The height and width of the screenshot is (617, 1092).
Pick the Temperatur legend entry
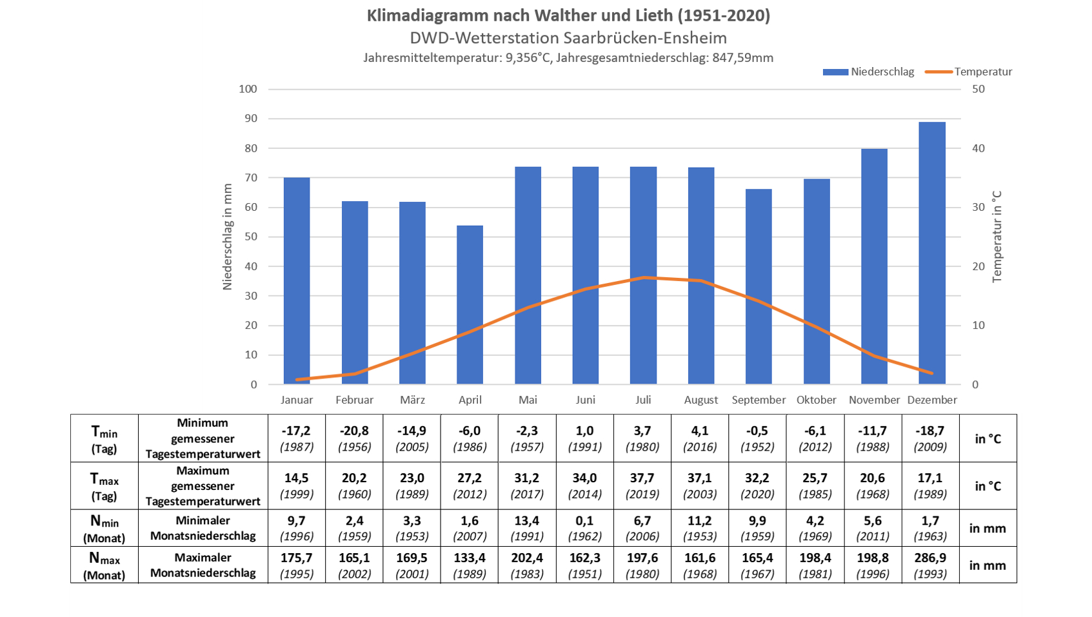(969, 72)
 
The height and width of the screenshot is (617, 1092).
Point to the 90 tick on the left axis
(250, 119)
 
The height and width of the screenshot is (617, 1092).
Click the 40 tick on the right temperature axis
(978, 148)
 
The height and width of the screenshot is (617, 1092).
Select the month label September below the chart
(759, 400)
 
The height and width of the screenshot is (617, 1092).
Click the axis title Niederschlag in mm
(227, 237)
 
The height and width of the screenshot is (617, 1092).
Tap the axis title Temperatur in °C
(997, 237)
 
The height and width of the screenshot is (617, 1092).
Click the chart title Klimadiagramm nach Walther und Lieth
(568, 15)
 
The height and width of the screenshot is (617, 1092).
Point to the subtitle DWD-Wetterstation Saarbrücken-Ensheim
(568, 38)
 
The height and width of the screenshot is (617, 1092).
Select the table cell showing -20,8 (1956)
(354, 438)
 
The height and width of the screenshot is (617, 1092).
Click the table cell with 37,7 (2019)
(642, 485)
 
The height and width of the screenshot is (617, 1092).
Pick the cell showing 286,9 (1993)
(931, 565)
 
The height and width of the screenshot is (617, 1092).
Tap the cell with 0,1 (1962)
(585, 528)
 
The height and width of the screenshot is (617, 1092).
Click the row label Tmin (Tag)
(104, 438)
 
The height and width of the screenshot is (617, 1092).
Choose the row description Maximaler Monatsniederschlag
(203, 565)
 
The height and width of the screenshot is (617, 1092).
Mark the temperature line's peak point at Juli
(643, 278)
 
